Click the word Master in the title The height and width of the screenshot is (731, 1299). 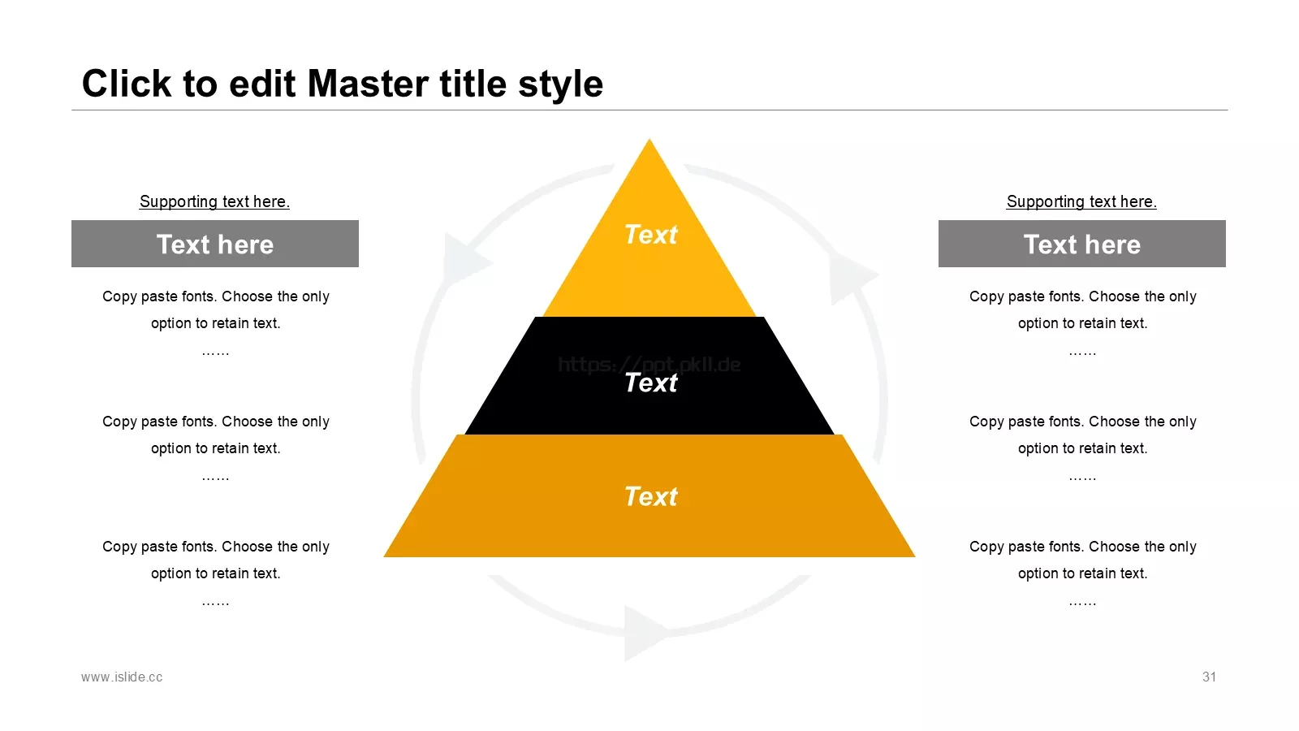(369, 84)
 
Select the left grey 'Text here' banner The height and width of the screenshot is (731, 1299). (215, 244)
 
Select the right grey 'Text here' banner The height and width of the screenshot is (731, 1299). (1082, 244)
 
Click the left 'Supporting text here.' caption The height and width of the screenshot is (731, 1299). (214, 201)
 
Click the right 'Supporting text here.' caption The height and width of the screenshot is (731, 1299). (1081, 201)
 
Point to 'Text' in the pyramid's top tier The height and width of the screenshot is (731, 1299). (650, 235)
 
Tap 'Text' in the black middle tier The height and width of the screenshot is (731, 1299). (650, 383)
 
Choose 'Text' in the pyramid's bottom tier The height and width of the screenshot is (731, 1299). (650, 496)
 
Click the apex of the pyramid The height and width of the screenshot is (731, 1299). (649, 139)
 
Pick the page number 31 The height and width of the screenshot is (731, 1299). (1209, 677)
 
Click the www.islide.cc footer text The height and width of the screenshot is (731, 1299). (122, 677)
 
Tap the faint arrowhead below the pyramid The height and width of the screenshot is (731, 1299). (645, 633)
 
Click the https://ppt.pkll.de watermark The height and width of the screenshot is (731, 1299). (649, 365)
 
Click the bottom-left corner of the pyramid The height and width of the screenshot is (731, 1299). (384, 557)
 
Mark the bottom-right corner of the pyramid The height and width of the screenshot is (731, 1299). (915, 557)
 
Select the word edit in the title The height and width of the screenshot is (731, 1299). (262, 84)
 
